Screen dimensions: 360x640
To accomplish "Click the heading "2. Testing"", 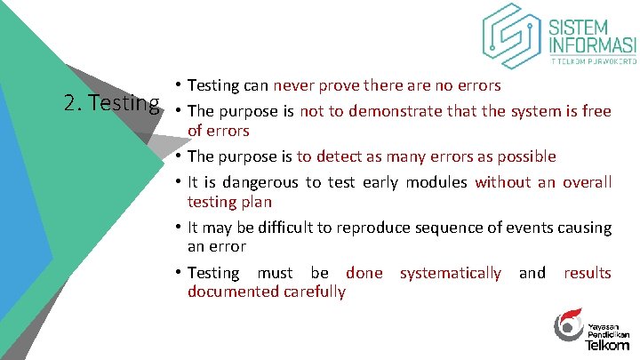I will point(112,103).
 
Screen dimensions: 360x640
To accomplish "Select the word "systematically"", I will point(450,273).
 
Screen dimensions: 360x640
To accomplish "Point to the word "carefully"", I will point(315,292).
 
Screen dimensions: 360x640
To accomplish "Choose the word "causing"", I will point(584,227).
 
